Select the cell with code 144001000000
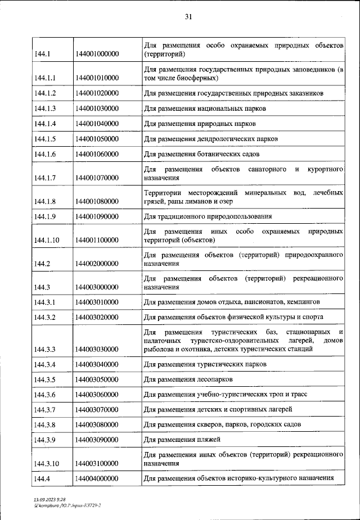(x=97, y=55)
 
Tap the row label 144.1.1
(x=45, y=78)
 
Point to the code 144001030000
(x=97, y=108)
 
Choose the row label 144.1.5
(x=45, y=138)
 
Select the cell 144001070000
(x=97, y=178)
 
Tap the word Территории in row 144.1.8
(x=165, y=193)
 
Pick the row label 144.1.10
(x=47, y=240)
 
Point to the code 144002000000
(x=97, y=263)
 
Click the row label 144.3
(x=42, y=287)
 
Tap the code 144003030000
(x=97, y=349)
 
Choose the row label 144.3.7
(x=45, y=409)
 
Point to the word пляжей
(x=208, y=439)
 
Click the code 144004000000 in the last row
(x=97, y=478)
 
